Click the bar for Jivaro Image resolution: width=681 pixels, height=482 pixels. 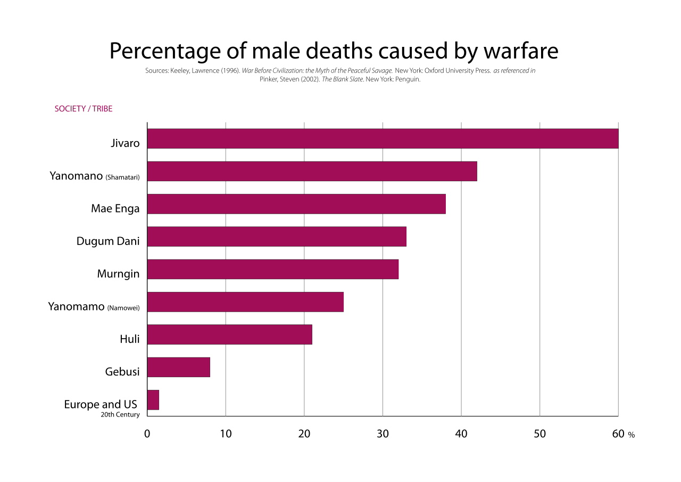(x=383, y=138)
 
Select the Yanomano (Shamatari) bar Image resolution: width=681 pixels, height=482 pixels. (x=312, y=171)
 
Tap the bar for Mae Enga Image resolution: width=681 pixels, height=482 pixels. (x=296, y=204)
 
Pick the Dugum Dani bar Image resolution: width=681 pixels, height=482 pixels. (x=277, y=236)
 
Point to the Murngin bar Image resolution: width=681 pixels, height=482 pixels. (x=272, y=269)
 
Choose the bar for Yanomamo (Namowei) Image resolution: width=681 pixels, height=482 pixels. (x=245, y=302)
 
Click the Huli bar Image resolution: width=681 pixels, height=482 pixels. (x=229, y=334)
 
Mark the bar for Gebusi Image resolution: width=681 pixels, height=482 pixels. (x=178, y=367)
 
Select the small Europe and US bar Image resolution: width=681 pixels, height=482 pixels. (x=153, y=400)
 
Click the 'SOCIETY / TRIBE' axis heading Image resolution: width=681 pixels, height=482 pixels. (x=84, y=109)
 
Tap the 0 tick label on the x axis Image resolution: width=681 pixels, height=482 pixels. (x=147, y=434)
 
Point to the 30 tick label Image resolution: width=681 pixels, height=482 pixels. (x=383, y=434)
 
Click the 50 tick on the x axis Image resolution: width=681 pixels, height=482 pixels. (x=539, y=434)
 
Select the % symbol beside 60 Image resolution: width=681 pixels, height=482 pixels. (x=632, y=435)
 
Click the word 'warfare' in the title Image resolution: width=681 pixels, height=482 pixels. (x=521, y=51)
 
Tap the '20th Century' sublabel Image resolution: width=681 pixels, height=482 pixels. (x=120, y=414)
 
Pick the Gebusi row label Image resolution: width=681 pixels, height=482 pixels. (x=122, y=372)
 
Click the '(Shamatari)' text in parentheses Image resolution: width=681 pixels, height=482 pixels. (x=122, y=177)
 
